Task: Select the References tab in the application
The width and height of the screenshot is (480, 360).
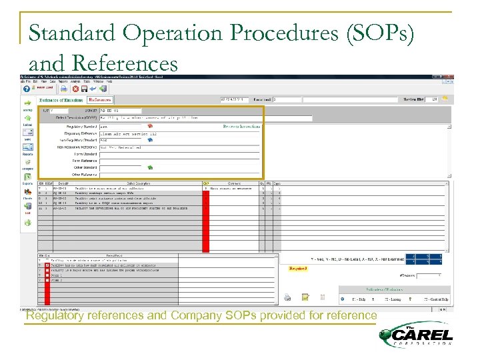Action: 101,99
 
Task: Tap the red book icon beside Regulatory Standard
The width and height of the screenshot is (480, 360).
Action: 151,126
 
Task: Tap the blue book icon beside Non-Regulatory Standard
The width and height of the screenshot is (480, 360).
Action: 150,140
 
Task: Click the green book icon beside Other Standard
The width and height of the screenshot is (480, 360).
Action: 150,168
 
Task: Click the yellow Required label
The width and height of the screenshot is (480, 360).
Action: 297,269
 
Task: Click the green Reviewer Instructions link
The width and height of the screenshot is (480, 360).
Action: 242,125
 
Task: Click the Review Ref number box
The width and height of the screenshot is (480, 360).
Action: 434,99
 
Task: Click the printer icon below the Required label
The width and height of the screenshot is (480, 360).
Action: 287,297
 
